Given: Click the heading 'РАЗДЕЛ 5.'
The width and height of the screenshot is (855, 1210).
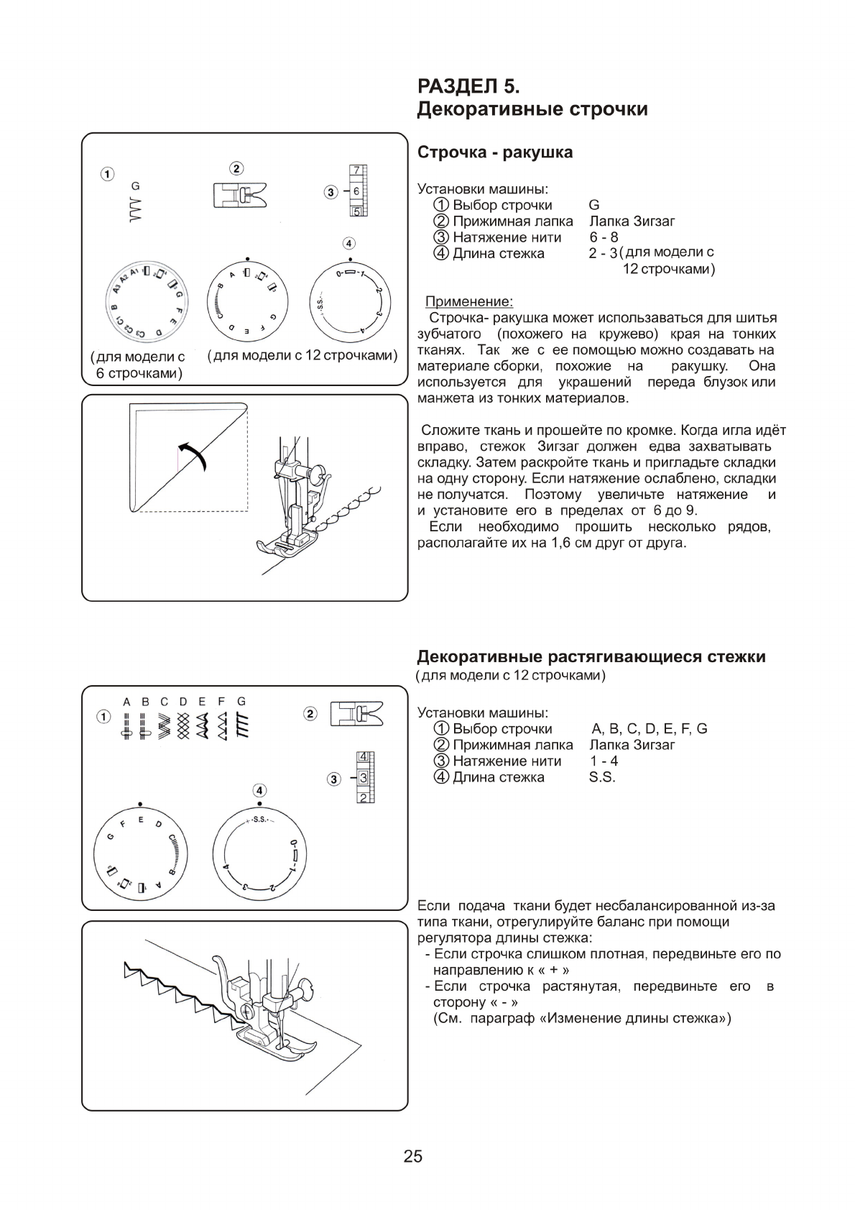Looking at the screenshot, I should tap(468, 86).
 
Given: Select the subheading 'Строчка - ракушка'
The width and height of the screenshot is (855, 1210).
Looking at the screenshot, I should tap(495, 152).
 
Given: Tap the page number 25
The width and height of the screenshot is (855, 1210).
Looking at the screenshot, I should tap(413, 1157).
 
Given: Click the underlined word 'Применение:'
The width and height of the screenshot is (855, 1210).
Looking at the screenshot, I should tap(468, 301).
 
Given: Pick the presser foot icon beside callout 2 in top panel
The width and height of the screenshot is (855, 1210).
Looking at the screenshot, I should tap(239, 194).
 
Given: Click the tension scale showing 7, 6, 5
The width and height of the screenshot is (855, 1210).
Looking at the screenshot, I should tap(356, 191).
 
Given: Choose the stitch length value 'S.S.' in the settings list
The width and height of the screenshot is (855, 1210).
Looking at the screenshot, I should tap(602, 777).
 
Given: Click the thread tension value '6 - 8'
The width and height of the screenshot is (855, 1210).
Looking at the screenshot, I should tap(604, 237).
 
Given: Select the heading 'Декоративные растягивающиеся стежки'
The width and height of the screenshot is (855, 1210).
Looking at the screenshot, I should tap(591, 656).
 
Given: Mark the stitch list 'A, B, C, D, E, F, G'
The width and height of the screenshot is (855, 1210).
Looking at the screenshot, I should tap(649, 728).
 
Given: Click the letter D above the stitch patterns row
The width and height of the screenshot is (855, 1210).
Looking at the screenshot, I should tap(183, 701).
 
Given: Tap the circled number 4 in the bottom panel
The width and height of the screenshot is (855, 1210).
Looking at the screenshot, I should tap(259, 791).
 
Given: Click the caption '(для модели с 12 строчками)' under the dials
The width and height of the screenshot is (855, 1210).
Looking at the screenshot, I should tap(302, 355).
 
